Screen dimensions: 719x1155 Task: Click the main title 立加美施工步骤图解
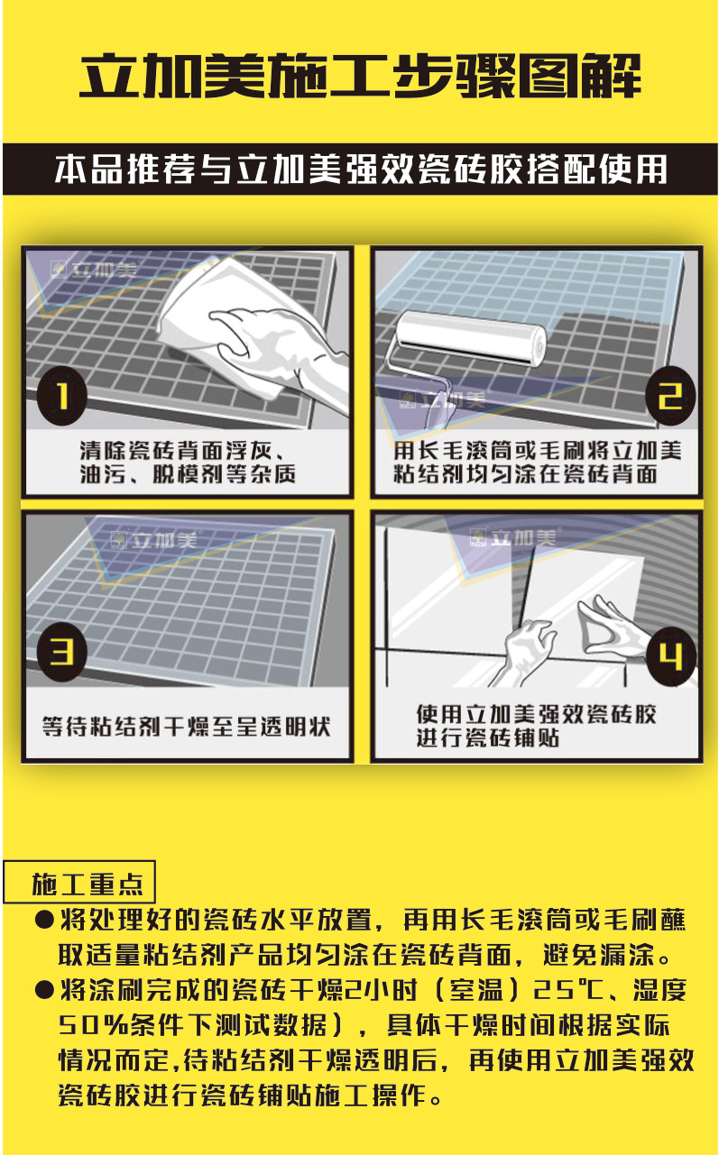(360, 77)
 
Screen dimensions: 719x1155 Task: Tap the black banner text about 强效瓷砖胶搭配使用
(360, 170)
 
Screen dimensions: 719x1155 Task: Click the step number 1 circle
(62, 396)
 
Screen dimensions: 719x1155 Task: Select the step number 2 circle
(670, 396)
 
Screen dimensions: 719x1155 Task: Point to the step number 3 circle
(62, 652)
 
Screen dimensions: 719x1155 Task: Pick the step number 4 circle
(670, 656)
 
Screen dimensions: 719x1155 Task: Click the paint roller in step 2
(470, 338)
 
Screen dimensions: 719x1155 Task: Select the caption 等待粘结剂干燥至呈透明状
(186, 727)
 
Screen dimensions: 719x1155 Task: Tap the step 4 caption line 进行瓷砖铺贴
(488, 738)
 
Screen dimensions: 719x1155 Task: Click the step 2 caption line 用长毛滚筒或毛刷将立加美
(538, 451)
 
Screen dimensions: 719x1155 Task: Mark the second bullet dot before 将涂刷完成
(44, 989)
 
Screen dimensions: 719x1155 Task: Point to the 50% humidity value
(93, 1024)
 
